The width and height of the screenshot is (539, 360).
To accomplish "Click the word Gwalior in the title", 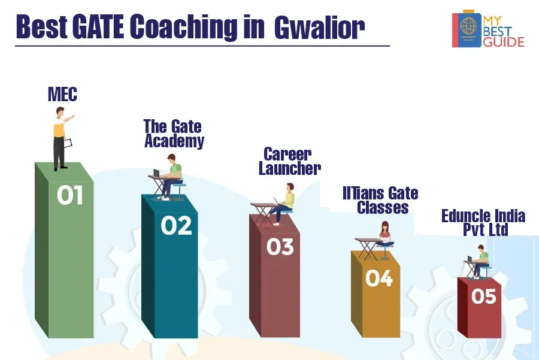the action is click(x=319, y=27).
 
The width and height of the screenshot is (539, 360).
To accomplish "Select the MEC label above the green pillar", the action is click(x=62, y=94).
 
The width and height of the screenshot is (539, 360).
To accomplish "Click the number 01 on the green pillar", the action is click(x=70, y=195).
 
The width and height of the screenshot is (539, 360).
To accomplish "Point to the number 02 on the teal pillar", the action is click(x=176, y=226).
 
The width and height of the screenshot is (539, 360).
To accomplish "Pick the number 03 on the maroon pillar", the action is click(x=280, y=247).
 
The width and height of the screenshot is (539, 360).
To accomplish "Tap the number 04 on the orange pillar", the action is click(x=379, y=278).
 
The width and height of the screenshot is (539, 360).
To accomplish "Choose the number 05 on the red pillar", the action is click(x=484, y=296).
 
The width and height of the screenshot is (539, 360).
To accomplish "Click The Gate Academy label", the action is click(x=174, y=134).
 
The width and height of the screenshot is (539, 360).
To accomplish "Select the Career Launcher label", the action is click(x=289, y=162).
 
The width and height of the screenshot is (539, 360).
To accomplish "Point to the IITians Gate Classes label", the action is click(x=380, y=200).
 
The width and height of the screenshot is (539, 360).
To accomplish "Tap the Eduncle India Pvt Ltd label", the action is click(x=483, y=222).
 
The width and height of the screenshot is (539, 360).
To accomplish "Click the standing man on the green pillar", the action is click(x=61, y=138).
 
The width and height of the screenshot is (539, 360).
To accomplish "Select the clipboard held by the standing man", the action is click(x=68, y=144).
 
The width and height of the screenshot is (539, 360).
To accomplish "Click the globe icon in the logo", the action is click(x=468, y=25).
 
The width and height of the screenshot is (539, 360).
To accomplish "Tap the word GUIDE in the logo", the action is click(x=504, y=42).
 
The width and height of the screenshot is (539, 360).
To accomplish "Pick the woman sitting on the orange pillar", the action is click(x=385, y=235).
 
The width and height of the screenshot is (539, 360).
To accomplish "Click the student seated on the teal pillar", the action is click(x=172, y=177).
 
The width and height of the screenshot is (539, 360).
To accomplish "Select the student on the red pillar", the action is click(x=480, y=261).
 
